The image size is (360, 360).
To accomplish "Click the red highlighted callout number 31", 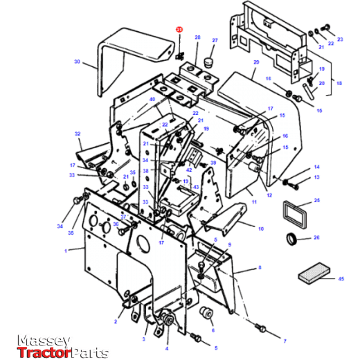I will (x=179, y=30).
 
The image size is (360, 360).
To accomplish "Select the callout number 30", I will (x=77, y=62).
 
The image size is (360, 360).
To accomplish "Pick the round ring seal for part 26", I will (x=294, y=240).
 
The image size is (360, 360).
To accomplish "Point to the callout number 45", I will (x=341, y=278).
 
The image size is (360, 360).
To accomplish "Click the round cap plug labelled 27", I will (x=206, y=63).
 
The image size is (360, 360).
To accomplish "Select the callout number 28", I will (x=197, y=37).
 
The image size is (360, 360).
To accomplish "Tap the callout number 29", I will (x=255, y=62).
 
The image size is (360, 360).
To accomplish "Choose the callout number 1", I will (x=66, y=251).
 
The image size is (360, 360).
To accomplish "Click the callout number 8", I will (x=259, y=267).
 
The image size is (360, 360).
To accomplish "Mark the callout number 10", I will (x=261, y=228).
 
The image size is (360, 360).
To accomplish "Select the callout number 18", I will (x=339, y=82).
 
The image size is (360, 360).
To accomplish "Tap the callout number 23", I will (x=340, y=39).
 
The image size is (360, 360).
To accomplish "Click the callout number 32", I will (x=78, y=134).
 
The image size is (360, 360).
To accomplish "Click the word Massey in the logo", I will (x=43, y=341).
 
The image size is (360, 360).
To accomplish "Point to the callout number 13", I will (x=316, y=178).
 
